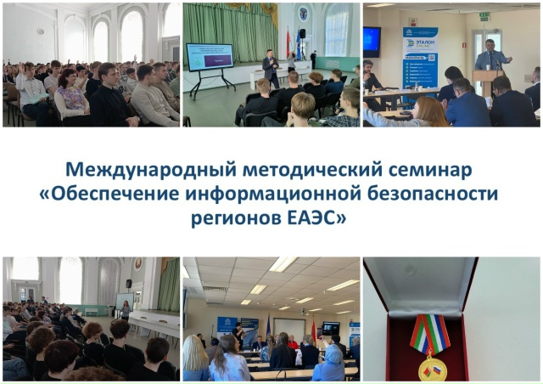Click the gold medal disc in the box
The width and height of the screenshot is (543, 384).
pos(433,369)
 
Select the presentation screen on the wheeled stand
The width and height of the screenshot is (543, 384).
pos(209,57)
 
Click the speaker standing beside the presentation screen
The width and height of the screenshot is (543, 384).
pos(271,68)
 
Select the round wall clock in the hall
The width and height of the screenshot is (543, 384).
pos(40,31)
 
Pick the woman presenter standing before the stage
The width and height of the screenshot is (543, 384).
pos(126,309)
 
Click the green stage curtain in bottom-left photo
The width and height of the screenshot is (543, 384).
pos(168,285)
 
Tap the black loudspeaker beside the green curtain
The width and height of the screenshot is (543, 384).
pos(302,33)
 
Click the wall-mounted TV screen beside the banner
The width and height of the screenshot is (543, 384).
pos(372,41)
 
